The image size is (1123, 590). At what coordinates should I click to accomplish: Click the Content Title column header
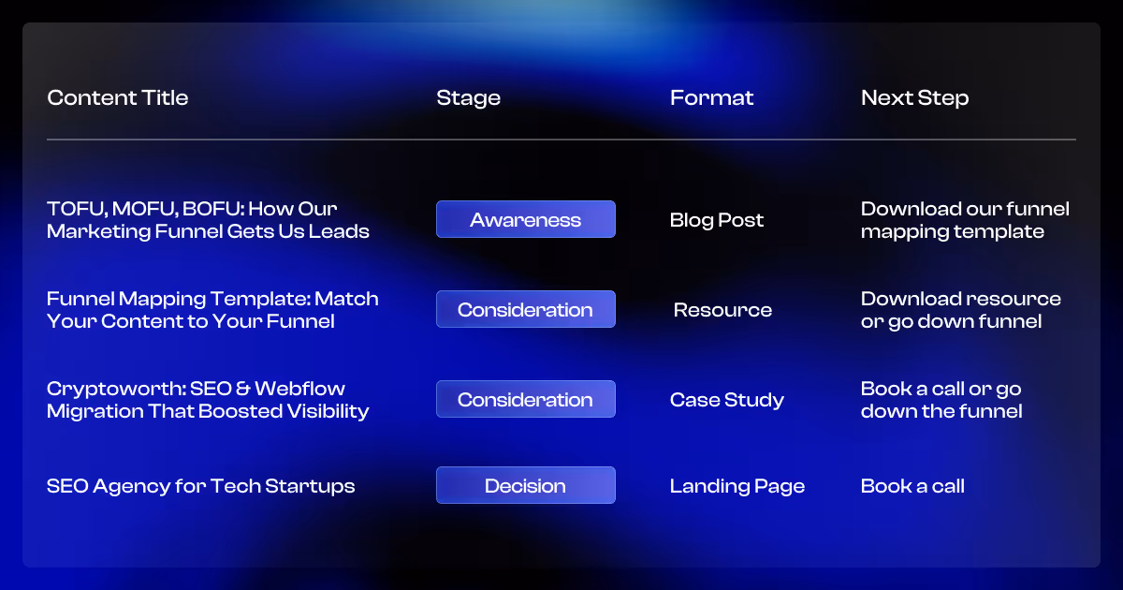tap(118, 98)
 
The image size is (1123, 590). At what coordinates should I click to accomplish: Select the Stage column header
tap(468, 98)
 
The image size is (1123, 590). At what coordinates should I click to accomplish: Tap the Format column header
tap(711, 98)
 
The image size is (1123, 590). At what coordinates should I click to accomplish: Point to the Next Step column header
tap(914, 98)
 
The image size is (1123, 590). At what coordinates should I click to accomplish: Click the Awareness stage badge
tap(525, 220)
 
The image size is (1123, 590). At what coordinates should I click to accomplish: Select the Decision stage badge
tap(525, 486)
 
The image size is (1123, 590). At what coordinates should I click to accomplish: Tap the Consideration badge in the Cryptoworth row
tap(525, 400)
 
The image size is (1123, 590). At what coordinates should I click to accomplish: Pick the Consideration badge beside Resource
tap(525, 310)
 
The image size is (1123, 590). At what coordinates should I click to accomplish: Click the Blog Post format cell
tap(717, 220)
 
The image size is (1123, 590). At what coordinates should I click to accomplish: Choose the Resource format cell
tap(722, 310)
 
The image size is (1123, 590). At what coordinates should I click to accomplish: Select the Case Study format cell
tap(726, 400)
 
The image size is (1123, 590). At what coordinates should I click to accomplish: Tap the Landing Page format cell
tap(737, 486)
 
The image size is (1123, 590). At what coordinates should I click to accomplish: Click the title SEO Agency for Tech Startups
tap(200, 486)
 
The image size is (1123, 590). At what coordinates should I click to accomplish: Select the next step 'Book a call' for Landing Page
tap(912, 486)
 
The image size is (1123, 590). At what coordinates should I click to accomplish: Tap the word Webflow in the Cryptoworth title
tap(299, 389)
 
